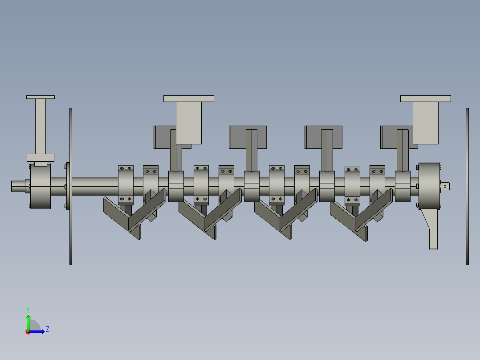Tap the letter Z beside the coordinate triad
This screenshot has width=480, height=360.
(x=47, y=329)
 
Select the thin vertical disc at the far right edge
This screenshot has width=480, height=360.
(x=467, y=186)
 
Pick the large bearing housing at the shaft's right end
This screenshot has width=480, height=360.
(x=429, y=186)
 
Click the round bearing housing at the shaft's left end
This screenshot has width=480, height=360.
(x=41, y=186)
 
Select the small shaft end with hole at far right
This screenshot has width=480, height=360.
(x=445, y=186)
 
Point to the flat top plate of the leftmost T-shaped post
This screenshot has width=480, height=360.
(x=41, y=97)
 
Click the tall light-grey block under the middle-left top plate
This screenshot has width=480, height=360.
(x=189, y=123)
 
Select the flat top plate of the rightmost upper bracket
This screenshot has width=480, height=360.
(x=425, y=98)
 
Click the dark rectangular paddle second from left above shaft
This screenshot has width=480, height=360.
(x=238, y=137)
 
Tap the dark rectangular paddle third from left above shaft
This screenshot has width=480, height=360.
(x=313, y=137)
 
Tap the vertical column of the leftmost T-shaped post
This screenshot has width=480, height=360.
(x=41, y=126)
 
